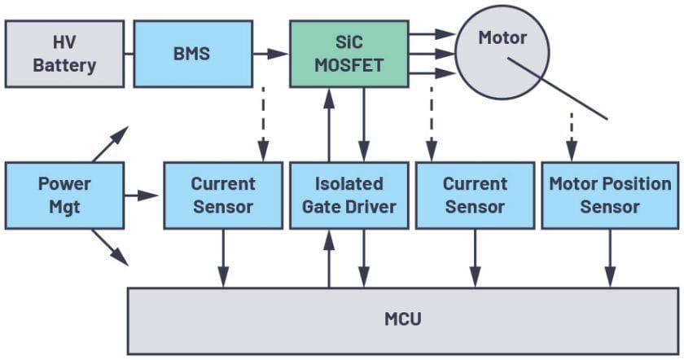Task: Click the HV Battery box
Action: coord(64,54)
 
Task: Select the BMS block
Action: coord(193,54)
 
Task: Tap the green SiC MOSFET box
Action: coord(349,54)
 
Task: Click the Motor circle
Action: coord(502,52)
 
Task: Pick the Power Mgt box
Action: coord(64,195)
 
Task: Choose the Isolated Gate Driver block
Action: coord(349,195)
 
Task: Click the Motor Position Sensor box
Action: coord(610,195)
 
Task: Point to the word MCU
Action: coord(402,319)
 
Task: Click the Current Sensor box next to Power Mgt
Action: coord(223,195)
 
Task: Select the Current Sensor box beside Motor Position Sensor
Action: coord(475,195)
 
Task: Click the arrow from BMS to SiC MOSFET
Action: coord(271,54)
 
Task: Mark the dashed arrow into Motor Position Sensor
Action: coord(572,138)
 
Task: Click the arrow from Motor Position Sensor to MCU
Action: coord(610,258)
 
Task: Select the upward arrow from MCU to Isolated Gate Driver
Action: coord(329,258)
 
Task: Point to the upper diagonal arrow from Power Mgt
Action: coord(111,144)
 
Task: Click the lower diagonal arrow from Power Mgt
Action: coord(111,248)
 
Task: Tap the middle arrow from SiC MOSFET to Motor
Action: coord(432,54)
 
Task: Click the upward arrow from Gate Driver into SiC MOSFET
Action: coord(329,125)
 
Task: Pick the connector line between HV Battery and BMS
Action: coord(129,54)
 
